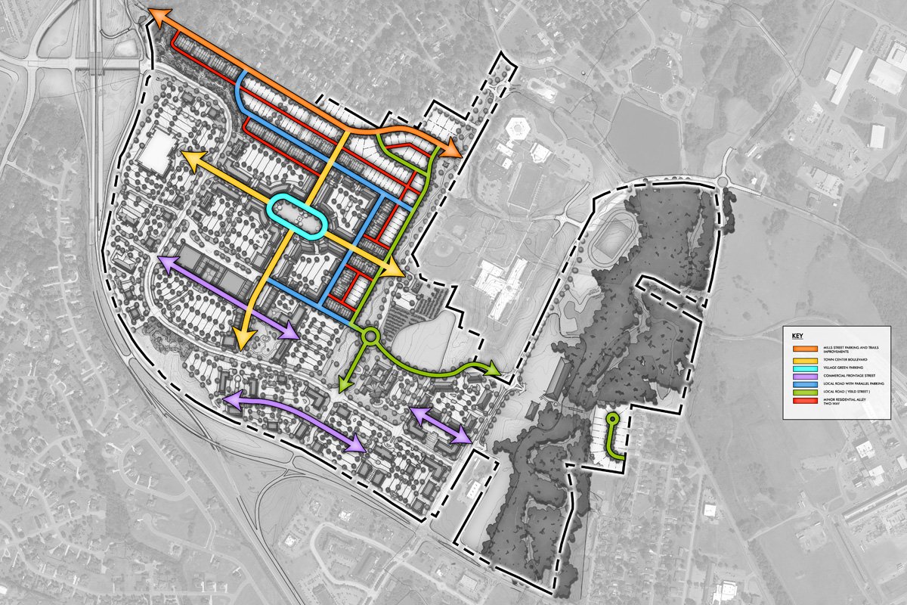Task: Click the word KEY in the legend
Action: [797, 334]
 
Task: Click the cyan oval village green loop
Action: [299, 218]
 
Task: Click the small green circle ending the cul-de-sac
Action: [612, 418]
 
